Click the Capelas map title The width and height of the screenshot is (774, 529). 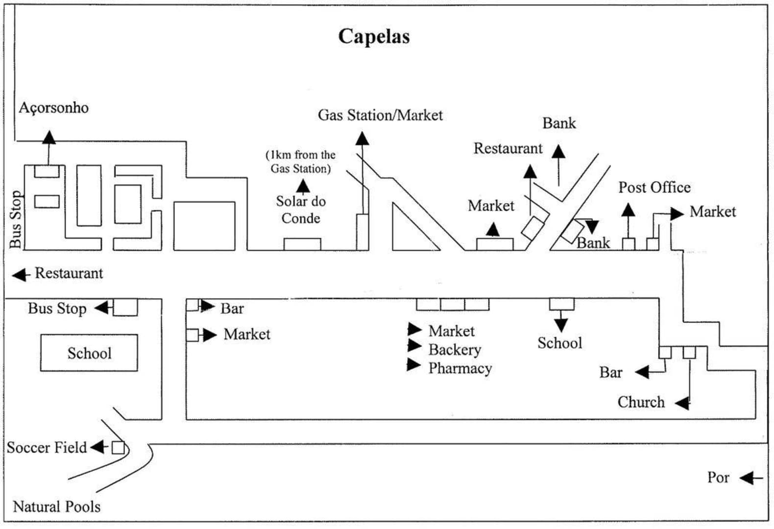click(x=374, y=36)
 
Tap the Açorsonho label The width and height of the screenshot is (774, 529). click(x=53, y=108)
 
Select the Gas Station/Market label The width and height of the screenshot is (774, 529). click(x=380, y=115)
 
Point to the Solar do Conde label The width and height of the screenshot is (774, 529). click(x=301, y=210)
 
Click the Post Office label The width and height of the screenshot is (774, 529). click(x=654, y=187)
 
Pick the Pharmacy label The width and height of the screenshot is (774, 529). click(x=460, y=368)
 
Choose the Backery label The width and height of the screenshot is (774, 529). click(x=455, y=350)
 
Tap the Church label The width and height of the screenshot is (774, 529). click(x=641, y=402)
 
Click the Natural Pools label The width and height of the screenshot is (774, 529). click(x=56, y=506)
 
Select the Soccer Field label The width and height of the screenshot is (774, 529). click(x=47, y=447)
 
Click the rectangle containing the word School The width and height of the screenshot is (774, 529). click(x=89, y=353)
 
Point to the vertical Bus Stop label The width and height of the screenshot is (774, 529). click(x=16, y=219)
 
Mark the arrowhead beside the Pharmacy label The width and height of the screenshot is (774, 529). click(x=414, y=365)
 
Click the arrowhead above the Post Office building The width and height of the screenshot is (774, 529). click(x=628, y=210)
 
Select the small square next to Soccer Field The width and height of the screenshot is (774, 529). click(x=118, y=448)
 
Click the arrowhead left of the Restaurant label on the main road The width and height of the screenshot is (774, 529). click(x=20, y=275)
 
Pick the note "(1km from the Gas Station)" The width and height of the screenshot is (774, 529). click(x=301, y=162)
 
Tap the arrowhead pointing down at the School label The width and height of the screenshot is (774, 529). click(x=561, y=325)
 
